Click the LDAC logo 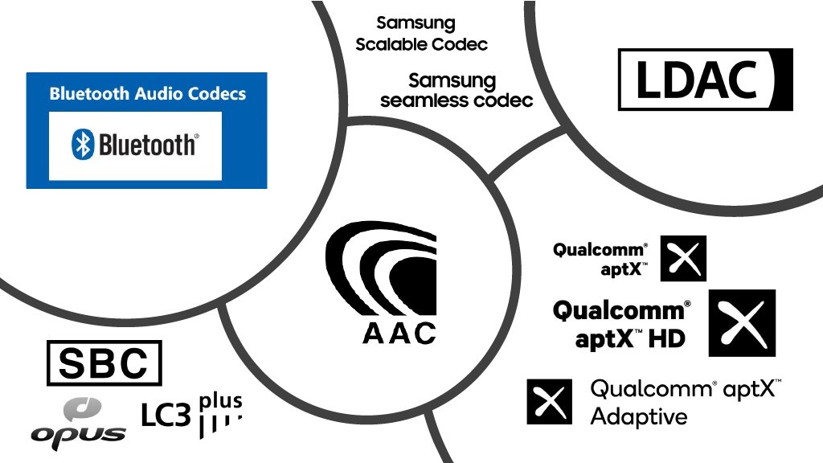[x=705, y=80]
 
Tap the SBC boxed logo [x=104, y=363]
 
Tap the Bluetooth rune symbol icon [x=83, y=145]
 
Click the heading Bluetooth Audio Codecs [x=147, y=94]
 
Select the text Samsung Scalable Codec [x=421, y=34]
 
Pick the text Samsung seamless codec [x=456, y=91]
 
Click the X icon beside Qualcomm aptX [x=683, y=258]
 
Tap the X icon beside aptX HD [x=741, y=322]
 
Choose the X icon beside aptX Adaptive [x=549, y=401]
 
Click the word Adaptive [x=628, y=416]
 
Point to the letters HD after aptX [x=666, y=338]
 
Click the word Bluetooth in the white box [x=147, y=145]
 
